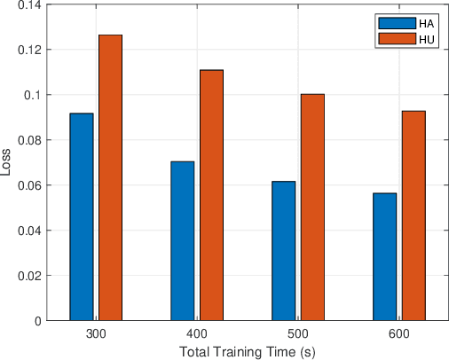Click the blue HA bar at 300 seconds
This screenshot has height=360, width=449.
81,216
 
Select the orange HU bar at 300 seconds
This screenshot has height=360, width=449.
111,177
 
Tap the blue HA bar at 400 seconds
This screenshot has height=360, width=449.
182,240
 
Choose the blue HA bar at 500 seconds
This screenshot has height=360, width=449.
283,250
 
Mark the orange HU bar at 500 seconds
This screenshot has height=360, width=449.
312,207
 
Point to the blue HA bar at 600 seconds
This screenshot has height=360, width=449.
384,256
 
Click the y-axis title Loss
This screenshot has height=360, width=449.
8,163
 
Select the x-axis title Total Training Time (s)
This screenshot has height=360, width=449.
247,352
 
